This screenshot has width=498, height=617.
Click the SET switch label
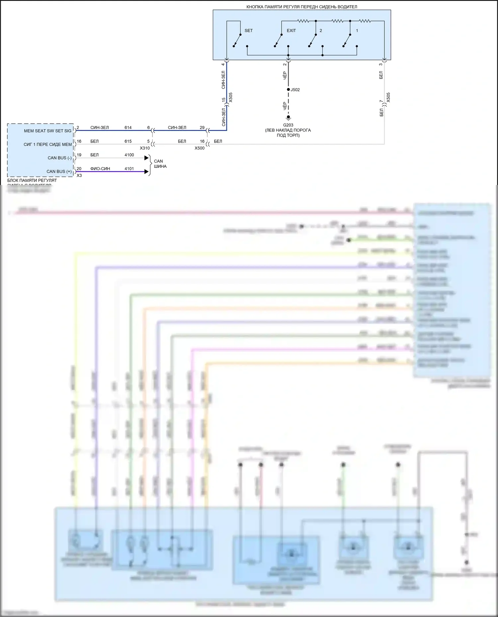pos(248,31)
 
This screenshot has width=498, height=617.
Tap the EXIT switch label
pos(291,31)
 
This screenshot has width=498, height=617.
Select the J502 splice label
pos(295,90)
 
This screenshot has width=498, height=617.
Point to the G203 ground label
pos(288,125)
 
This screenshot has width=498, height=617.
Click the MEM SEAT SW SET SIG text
pos(47,131)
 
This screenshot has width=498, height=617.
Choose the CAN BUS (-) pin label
pos(59,158)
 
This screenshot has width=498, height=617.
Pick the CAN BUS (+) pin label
pos(59,171)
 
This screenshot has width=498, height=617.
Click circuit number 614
pos(128,128)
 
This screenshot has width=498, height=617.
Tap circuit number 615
pos(128,141)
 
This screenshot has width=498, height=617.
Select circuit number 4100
pos(129,155)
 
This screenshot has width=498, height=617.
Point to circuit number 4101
pos(129,169)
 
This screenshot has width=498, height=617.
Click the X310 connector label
pos(145,148)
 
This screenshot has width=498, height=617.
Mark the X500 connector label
pos(200,148)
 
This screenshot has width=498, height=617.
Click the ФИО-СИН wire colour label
pos(100,169)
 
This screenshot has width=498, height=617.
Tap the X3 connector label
pos(79,175)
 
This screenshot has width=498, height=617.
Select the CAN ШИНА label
pos(160,164)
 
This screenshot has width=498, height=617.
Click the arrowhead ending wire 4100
pos(146,158)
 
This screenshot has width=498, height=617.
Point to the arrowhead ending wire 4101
pos(146,171)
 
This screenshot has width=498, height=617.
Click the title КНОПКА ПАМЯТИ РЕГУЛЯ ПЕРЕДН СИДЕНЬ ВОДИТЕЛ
pos(301,7)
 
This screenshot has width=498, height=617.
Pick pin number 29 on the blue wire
pos(202,128)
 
